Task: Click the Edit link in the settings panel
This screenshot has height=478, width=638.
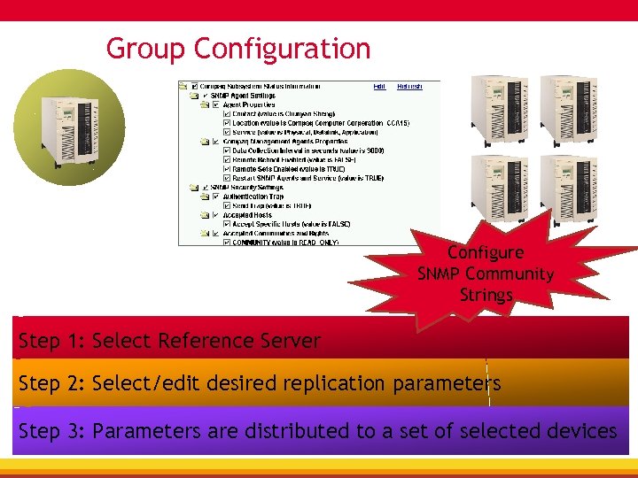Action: (379, 87)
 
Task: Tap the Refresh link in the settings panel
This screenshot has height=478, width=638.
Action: (409, 87)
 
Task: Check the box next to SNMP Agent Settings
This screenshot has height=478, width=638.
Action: (206, 96)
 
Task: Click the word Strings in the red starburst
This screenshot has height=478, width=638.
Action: (486, 294)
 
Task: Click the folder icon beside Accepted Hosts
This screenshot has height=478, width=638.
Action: (205, 214)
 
